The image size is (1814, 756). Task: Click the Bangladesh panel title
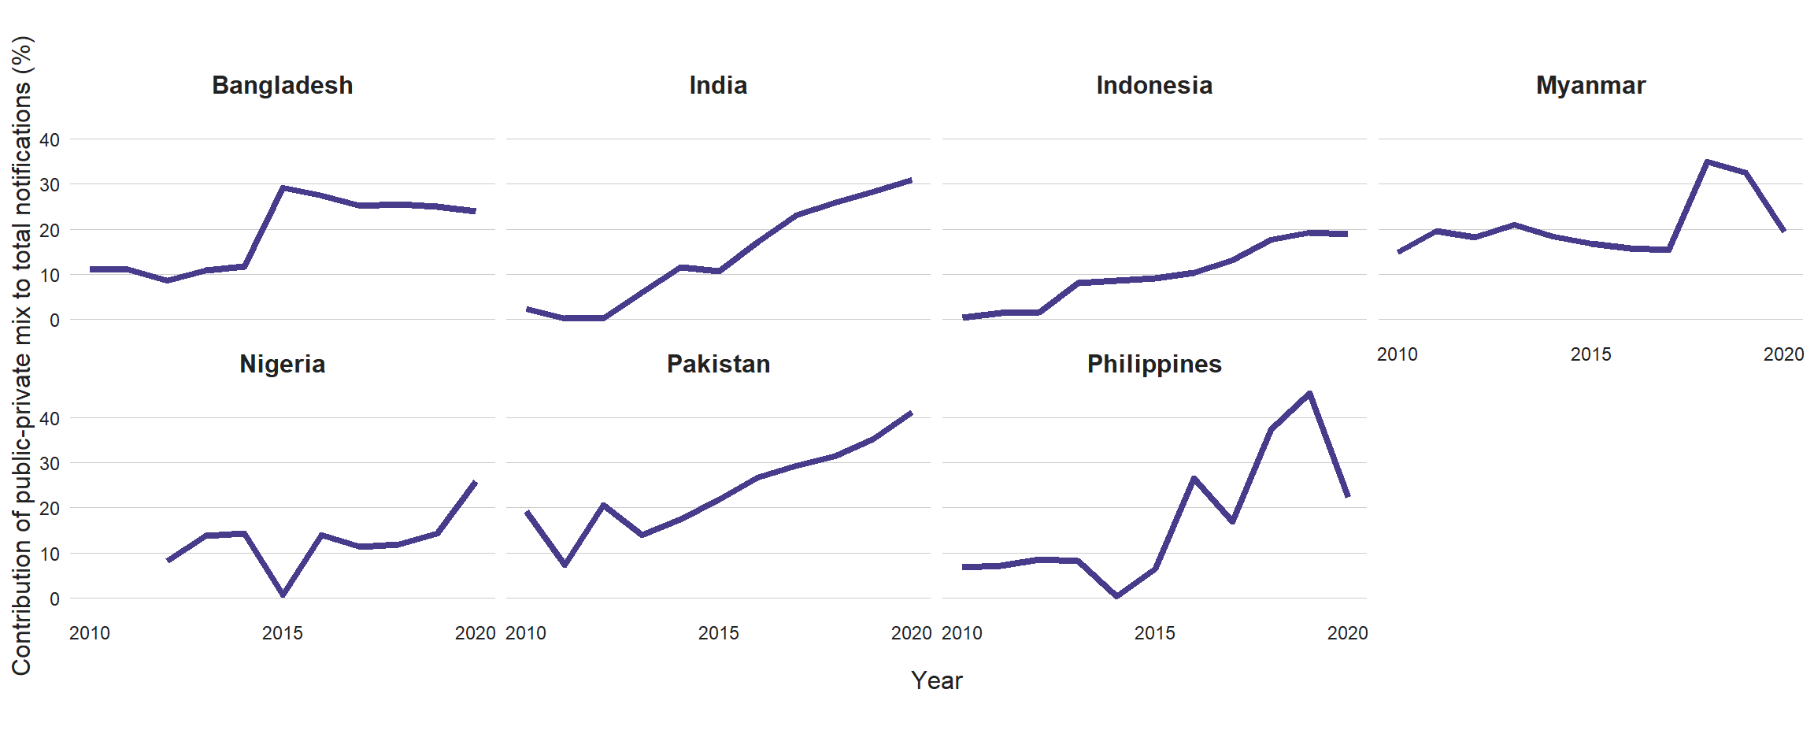(x=282, y=85)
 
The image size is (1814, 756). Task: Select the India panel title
(x=718, y=85)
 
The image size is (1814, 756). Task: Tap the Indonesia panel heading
(x=1154, y=85)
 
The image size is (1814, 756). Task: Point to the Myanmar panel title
(x=1590, y=85)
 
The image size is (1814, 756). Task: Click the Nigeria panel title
(x=282, y=364)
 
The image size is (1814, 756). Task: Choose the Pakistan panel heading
(x=718, y=364)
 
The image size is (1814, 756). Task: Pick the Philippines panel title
(x=1154, y=364)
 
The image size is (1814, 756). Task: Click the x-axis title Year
(x=936, y=680)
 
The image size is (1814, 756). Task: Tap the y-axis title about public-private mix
(x=22, y=354)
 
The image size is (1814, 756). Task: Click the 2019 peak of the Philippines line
(x=1309, y=393)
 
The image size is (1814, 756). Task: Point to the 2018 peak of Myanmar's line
(x=1706, y=161)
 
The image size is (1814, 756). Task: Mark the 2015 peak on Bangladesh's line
(x=283, y=187)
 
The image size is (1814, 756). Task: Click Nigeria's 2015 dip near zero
(x=283, y=595)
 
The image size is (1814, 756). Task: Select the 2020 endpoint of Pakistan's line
(x=911, y=413)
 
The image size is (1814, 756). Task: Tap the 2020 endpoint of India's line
(x=911, y=180)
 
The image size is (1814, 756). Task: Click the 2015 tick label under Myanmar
(x=1590, y=354)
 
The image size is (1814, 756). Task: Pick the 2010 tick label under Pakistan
(x=526, y=633)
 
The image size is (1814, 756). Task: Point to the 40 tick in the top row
(x=50, y=140)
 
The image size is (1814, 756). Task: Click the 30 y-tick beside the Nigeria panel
(x=50, y=464)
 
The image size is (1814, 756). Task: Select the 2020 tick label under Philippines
(x=1347, y=633)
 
